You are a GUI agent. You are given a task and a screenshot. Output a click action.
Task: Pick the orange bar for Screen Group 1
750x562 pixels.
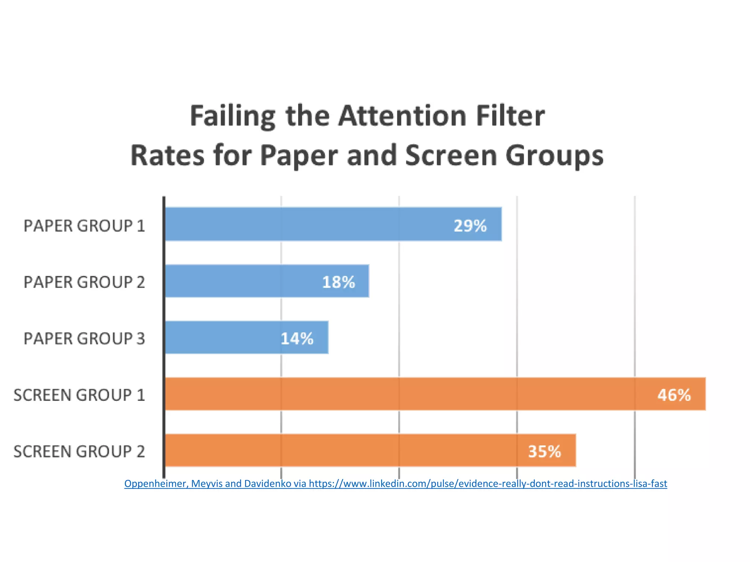pos(403,394)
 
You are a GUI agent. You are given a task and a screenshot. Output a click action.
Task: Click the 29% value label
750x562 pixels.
pos(470,226)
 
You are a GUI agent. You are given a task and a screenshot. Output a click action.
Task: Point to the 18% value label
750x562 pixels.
pos(338,282)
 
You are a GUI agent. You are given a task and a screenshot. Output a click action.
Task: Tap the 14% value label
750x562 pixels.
pos(297,338)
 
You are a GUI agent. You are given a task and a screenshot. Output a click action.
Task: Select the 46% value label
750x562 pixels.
pos(674,395)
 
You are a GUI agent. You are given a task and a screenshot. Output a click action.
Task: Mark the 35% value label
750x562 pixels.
pos(545,452)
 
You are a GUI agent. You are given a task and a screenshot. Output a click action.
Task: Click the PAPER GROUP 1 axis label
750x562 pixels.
pos(84,226)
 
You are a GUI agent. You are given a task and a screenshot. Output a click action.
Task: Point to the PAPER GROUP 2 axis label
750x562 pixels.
pos(84,282)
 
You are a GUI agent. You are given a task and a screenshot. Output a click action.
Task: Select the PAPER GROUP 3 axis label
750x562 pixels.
pos(84,338)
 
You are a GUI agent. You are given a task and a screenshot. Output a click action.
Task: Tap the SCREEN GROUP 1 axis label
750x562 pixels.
pos(79,395)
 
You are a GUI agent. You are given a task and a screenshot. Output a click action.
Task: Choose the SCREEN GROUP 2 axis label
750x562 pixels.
pos(79,452)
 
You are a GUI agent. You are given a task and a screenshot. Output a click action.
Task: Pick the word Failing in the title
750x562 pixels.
pos(232,116)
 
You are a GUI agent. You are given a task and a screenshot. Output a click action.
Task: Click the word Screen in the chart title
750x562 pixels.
pos(450,156)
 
